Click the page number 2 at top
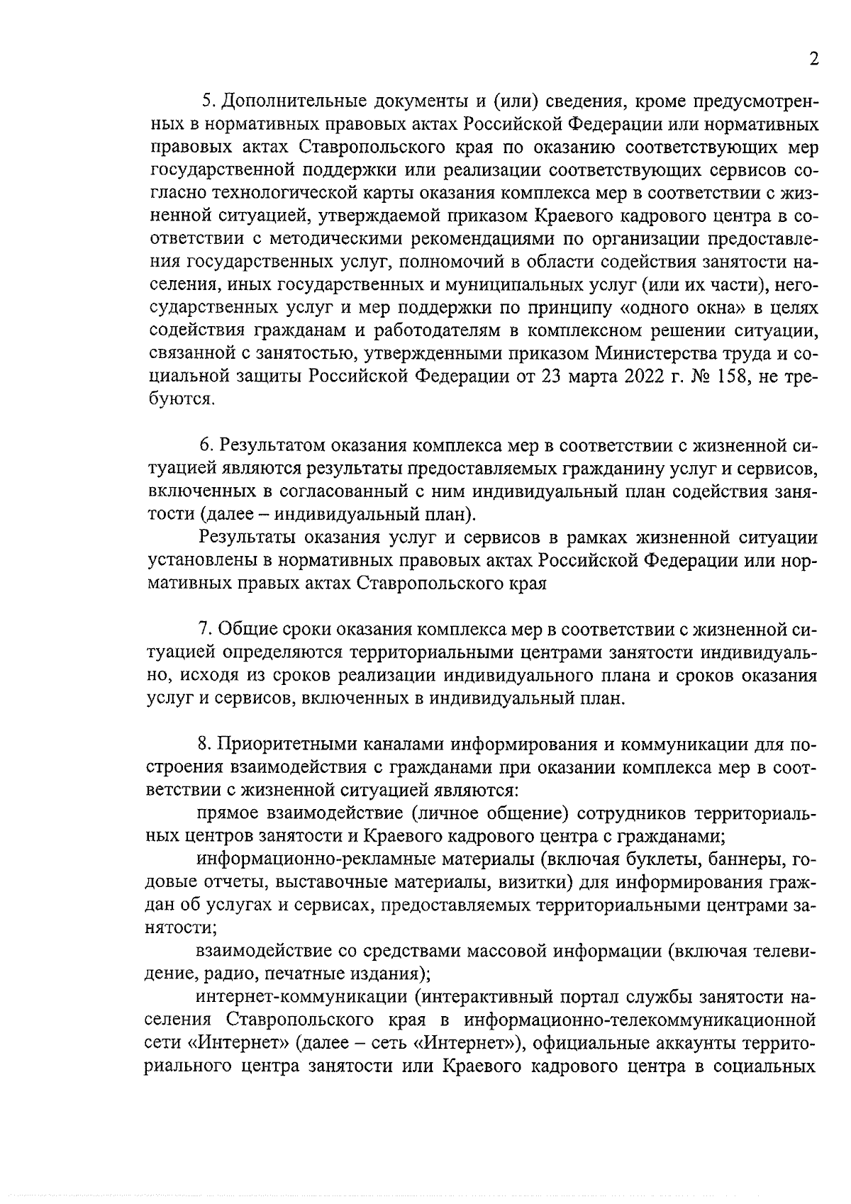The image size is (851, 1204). tap(813, 59)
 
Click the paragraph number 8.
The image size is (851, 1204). tap(204, 744)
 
